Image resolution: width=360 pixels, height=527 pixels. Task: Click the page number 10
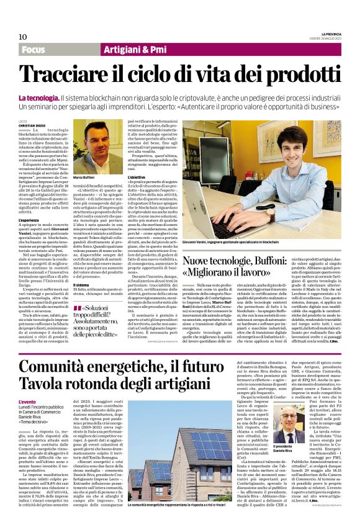click(x=23, y=37)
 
